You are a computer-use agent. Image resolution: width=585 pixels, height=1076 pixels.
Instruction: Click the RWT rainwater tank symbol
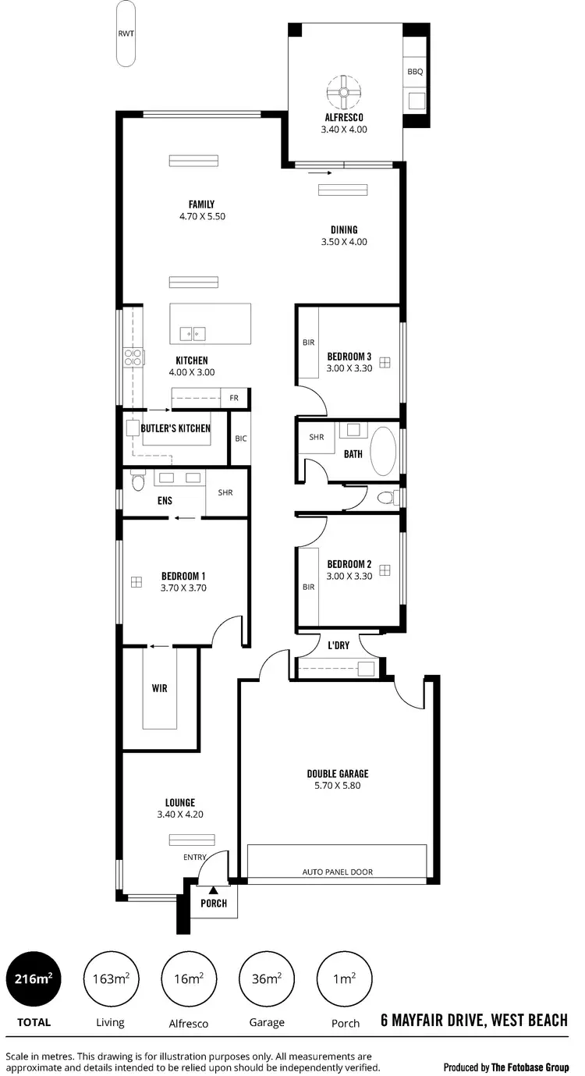[x=125, y=34]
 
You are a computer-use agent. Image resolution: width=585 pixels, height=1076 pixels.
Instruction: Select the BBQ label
[x=415, y=72]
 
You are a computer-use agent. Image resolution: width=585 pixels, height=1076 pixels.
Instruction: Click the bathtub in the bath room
[x=382, y=451]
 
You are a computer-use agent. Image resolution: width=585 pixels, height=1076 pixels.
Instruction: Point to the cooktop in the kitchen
[x=133, y=358]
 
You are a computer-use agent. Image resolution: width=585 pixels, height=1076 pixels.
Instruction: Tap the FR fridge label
[x=233, y=398]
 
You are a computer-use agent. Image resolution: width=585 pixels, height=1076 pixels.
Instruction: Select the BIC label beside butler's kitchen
[x=240, y=439]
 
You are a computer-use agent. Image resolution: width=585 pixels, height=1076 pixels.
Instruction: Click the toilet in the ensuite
[x=138, y=483]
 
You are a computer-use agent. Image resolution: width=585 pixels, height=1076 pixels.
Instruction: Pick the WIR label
[x=160, y=689]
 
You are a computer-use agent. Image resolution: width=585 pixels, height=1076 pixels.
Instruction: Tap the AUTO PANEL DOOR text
[x=337, y=871]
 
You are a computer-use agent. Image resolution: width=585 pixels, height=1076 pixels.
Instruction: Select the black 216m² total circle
[x=34, y=978]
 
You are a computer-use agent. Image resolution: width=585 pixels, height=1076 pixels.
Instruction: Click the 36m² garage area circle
[x=268, y=978]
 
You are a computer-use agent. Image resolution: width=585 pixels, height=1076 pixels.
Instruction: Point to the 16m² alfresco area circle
[x=188, y=978]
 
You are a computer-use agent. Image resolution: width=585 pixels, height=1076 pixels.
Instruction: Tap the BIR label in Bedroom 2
[x=308, y=587]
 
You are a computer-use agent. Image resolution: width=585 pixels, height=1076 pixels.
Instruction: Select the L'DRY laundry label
[x=339, y=646]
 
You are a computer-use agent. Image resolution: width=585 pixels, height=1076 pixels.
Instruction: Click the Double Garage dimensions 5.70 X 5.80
[x=337, y=786]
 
